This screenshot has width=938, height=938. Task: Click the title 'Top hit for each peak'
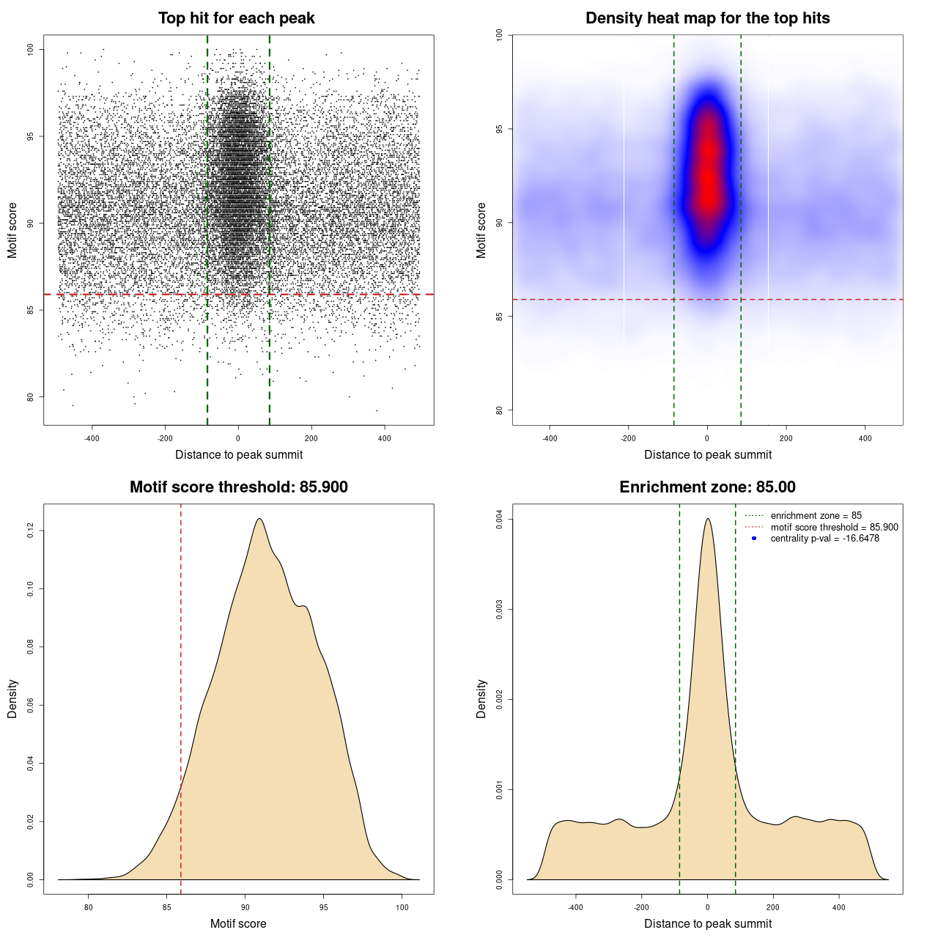(237, 18)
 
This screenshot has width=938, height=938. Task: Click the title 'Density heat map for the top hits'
(707, 18)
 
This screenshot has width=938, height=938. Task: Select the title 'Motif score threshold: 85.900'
(238, 487)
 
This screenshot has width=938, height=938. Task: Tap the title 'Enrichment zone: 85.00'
(707, 487)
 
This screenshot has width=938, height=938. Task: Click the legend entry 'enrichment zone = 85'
(816, 516)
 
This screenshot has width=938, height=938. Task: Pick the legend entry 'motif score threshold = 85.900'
(834, 527)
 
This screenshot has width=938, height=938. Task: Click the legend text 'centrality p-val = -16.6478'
(824, 539)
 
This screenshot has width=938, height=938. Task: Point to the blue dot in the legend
(754, 539)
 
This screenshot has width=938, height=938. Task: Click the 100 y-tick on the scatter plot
(31, 49)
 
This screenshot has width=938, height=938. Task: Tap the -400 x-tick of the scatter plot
(92, 438)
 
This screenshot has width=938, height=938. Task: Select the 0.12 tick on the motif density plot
(31, 531)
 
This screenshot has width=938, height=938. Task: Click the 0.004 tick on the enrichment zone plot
(500, 520)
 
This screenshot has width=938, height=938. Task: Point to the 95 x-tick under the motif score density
(324, 907)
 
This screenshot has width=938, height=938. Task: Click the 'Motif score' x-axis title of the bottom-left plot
(238, 923)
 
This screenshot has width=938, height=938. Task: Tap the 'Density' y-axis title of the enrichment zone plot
(481, 698)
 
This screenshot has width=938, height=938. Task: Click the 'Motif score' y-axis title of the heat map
(481, 230)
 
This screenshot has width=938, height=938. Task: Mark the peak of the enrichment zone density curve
(707, 519)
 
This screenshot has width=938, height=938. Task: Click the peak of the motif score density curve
(259, 519)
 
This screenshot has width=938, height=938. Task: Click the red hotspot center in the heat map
(708, 176)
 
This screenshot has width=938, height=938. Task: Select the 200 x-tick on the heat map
(786, 438)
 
